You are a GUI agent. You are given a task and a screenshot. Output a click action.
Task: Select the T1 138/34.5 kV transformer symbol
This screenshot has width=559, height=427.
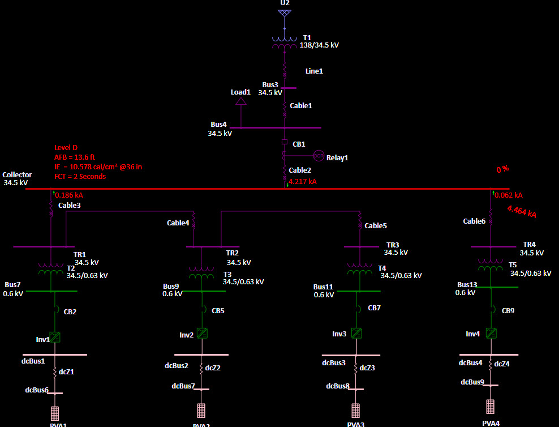pyautogui.click(x=285, y=43)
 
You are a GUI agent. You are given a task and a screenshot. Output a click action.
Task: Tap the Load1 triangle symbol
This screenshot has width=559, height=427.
pyautogui.click(x=241, y=101)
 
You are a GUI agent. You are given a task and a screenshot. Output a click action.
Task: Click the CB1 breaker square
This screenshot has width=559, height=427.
pyautogui.click(x=285, y=142)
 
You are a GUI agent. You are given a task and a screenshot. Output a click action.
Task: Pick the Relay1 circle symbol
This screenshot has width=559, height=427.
pyautogui.click(x=319, y=156)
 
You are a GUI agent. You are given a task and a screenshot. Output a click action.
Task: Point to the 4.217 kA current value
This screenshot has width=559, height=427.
pyautogui.click(x=303, y=182)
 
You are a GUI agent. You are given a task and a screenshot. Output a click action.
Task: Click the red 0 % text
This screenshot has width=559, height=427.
pyautogui.click(x=502, y=169)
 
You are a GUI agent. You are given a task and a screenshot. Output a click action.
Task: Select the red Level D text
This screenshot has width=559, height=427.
pyautogui.click(x=66, y=148)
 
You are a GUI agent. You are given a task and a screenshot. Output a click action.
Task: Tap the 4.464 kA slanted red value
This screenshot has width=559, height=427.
pyautogui.click(x=522, y=212)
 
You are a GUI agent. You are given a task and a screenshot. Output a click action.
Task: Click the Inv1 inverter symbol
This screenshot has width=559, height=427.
pyautogui.click(x=55, y=337)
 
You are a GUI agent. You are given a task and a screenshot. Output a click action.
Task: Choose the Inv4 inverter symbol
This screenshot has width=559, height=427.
pyautogui.click(x=491, y=333)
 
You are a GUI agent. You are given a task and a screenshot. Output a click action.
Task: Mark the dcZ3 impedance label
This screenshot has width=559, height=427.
pyautogui.click(x=367, y=368)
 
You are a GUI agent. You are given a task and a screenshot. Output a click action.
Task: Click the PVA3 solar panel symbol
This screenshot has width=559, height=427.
pyautogui.click(x=355, y=410)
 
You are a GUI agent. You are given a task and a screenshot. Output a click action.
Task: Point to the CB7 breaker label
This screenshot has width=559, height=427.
pyautogui.click(x=375, y=308)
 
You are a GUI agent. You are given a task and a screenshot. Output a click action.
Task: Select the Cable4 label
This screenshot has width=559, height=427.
pyautogui.click(x=178, y=223)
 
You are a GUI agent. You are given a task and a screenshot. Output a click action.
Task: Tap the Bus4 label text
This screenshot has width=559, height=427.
pyautogui.click(x=218, y=125)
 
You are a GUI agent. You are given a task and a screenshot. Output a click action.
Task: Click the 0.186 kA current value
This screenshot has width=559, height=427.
pyautogui.click(x=69, y=195)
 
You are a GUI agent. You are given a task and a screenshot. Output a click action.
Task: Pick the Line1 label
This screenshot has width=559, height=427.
pyautogui.click(x=314, y=71)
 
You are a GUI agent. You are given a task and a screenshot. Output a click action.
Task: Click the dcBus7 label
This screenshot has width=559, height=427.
pyautogui.click(x=183, y=386)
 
